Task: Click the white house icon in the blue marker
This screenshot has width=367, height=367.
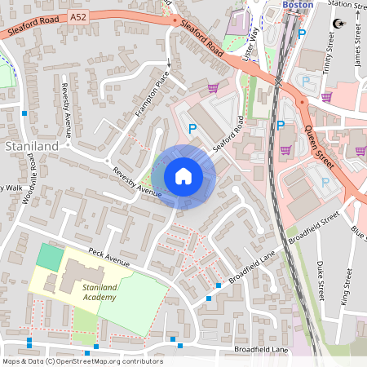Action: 183,175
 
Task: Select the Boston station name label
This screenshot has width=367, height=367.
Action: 298,5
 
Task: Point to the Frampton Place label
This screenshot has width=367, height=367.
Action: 152,94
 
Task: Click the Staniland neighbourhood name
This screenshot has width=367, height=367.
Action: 31,145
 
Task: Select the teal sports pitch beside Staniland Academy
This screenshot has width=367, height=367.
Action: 50,259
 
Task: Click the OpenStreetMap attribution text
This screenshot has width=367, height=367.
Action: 82,361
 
